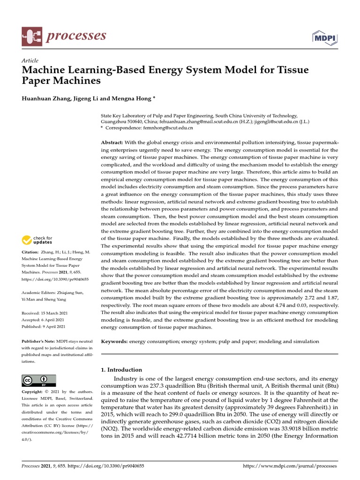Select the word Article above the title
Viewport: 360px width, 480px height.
pos(30,60)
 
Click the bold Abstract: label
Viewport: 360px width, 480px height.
pos(112,142)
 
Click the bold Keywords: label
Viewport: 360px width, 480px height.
pos(114,342)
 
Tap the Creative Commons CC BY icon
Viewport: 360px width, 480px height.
pos(39,380)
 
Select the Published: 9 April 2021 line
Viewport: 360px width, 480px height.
pos(44,327)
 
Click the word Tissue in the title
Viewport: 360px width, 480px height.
pos(292,70)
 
